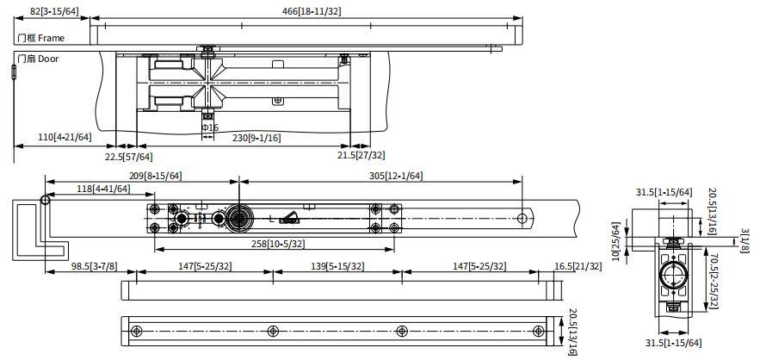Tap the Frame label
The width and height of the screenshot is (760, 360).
51,38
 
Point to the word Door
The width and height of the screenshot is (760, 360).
48,59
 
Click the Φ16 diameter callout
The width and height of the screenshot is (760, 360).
210,127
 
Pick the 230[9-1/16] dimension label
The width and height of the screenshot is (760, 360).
256,138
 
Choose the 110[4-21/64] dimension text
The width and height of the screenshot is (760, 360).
65,137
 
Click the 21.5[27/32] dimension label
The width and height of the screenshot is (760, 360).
361,155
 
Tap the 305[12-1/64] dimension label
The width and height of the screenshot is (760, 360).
397,176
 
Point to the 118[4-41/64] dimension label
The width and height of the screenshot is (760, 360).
104,189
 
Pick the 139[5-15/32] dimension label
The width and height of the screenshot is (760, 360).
338,266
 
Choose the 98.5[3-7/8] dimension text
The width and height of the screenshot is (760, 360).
95,266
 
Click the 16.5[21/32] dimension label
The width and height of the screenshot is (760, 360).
578,266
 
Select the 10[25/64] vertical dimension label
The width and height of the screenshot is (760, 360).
616,239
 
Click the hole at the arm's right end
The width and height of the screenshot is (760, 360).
522,219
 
